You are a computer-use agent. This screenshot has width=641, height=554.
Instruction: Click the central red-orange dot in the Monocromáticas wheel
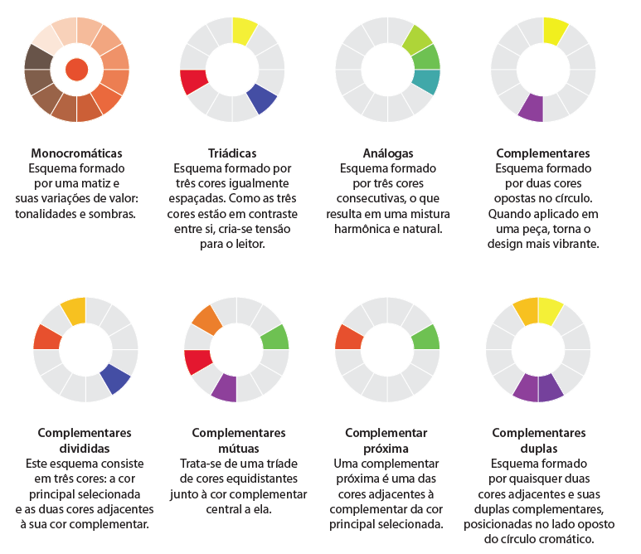point(76,70)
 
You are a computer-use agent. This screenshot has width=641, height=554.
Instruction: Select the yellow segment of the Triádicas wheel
point(244,31)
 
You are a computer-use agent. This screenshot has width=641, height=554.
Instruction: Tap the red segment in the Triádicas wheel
point(193,82)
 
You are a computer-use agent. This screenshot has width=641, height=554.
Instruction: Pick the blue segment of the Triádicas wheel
point(263,98)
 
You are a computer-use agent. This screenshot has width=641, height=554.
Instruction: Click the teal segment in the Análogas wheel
point(426,82)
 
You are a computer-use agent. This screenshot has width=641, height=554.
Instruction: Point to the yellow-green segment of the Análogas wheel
point(417,39)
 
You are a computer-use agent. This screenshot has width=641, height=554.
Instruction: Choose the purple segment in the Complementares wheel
point(531,108)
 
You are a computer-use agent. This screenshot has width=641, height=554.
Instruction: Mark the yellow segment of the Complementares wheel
point(555,31)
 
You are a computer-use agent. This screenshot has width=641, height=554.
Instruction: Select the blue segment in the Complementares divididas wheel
point(115,377)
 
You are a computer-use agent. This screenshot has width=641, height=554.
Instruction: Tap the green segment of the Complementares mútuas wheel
point(274,337)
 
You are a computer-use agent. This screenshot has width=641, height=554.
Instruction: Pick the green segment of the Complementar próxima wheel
point(425,337)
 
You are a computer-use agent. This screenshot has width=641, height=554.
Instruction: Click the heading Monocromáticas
point(76,153)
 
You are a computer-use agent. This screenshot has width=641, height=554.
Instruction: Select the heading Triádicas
point(231,153)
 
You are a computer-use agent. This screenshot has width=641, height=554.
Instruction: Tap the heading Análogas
point(387,153)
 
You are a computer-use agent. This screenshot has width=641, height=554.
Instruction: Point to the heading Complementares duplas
point(538,440)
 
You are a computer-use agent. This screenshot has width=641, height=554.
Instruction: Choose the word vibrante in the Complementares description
point(568,244)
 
